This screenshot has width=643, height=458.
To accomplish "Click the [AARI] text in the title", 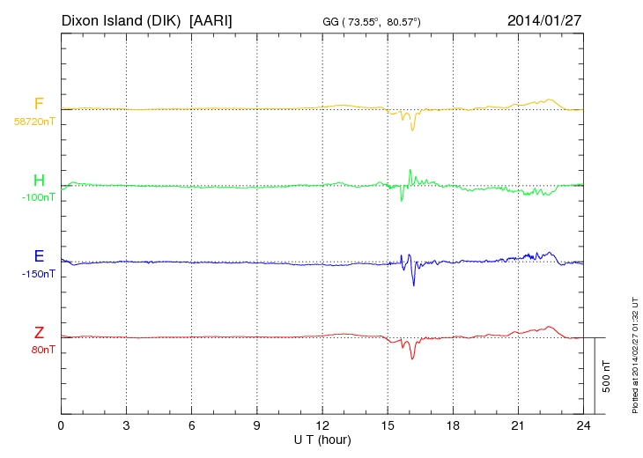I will click(x=211, y=19).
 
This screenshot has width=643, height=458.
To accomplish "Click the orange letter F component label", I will click(x=39, y=104).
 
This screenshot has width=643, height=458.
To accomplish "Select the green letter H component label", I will click(x=39, y=181).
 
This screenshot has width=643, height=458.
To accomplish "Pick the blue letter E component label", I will click(x=39, y=256).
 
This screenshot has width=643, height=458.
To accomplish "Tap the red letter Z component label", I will click(x=39, y=332).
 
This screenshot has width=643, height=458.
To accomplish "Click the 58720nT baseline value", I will click(x=33, y=122).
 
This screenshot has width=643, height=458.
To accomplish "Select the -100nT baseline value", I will click(x=38, y=197).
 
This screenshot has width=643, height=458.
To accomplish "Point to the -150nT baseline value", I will click(x=38, y=274).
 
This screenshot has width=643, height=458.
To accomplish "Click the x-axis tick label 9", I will click(x=256, y=426).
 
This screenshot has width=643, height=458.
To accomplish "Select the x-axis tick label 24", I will click(x=582, y=426).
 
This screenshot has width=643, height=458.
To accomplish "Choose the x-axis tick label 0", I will click(x=61, y=426).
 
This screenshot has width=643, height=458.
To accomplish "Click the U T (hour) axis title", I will click(x=322, y=439).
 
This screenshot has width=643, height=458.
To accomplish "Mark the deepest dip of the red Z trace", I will click(x=411, y=358).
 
